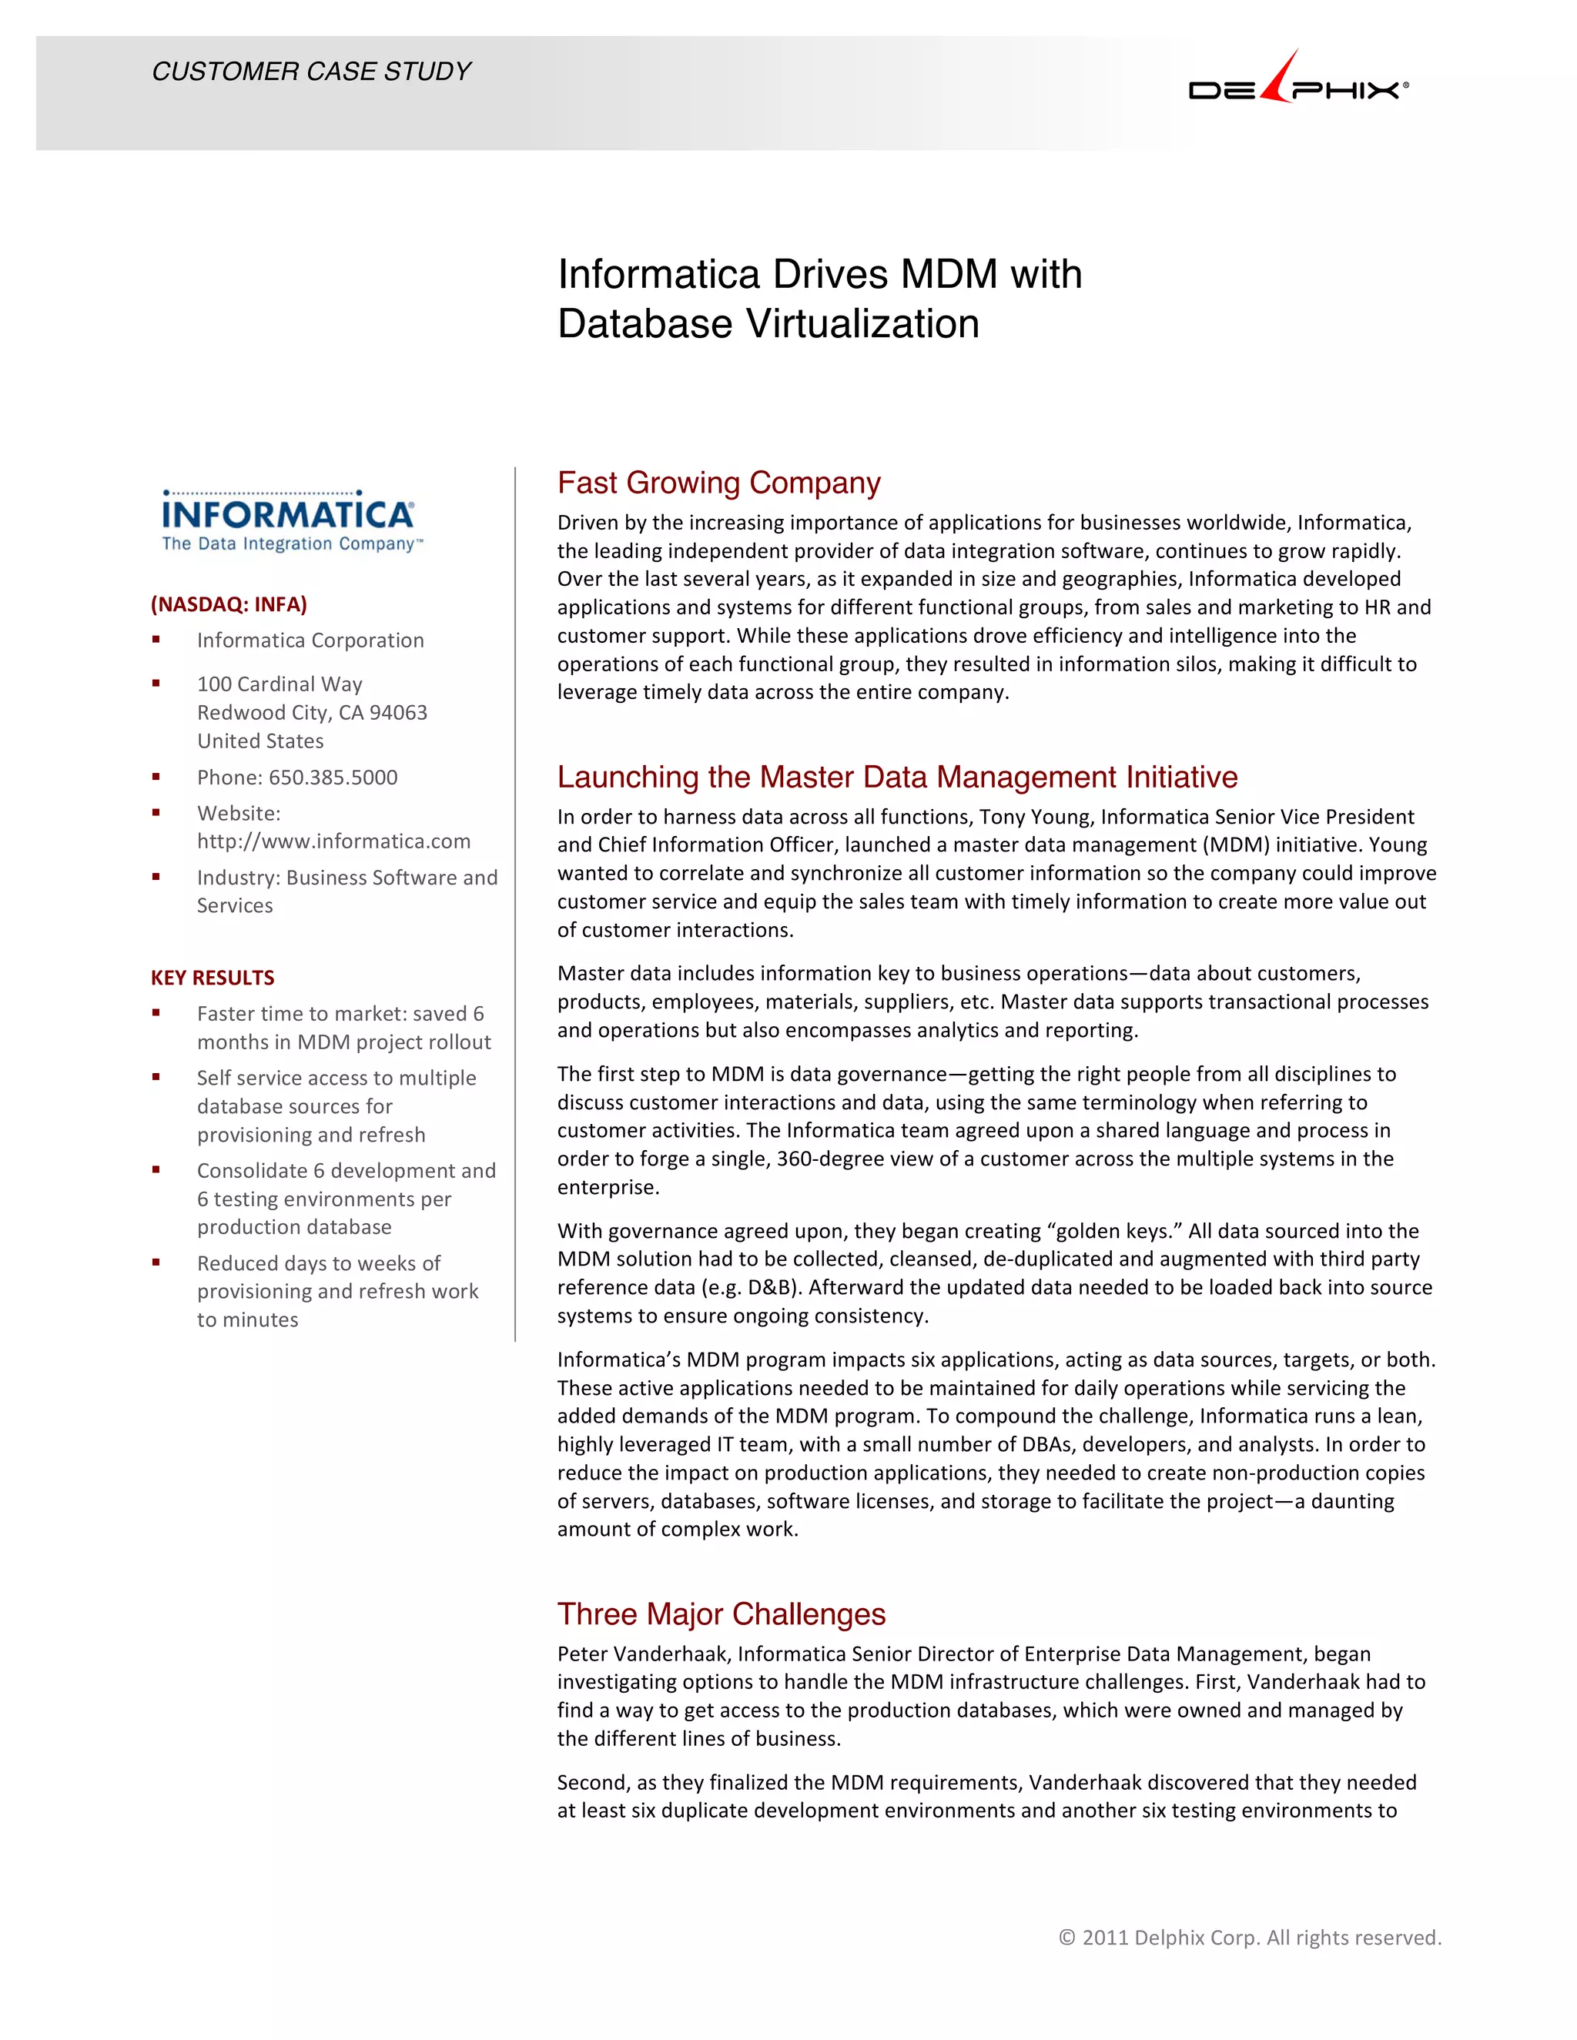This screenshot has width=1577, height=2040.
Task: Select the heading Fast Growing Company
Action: [x=718, y=483]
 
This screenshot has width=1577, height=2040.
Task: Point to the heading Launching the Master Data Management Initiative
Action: [x=897, y=778]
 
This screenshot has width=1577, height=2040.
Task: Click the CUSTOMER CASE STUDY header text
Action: [x=311, y=72]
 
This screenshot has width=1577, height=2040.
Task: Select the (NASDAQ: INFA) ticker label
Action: [x=229, y=604]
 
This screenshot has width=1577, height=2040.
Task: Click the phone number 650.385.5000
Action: [x=333, y=778]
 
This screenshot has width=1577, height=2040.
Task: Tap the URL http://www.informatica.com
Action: [x=333, y=841]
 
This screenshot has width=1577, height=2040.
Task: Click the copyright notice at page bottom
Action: [x=1249, y=1938]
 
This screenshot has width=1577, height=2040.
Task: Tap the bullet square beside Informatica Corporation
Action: [x=156, y=640]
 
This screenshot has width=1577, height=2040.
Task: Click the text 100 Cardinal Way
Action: [x=280, y=684]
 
